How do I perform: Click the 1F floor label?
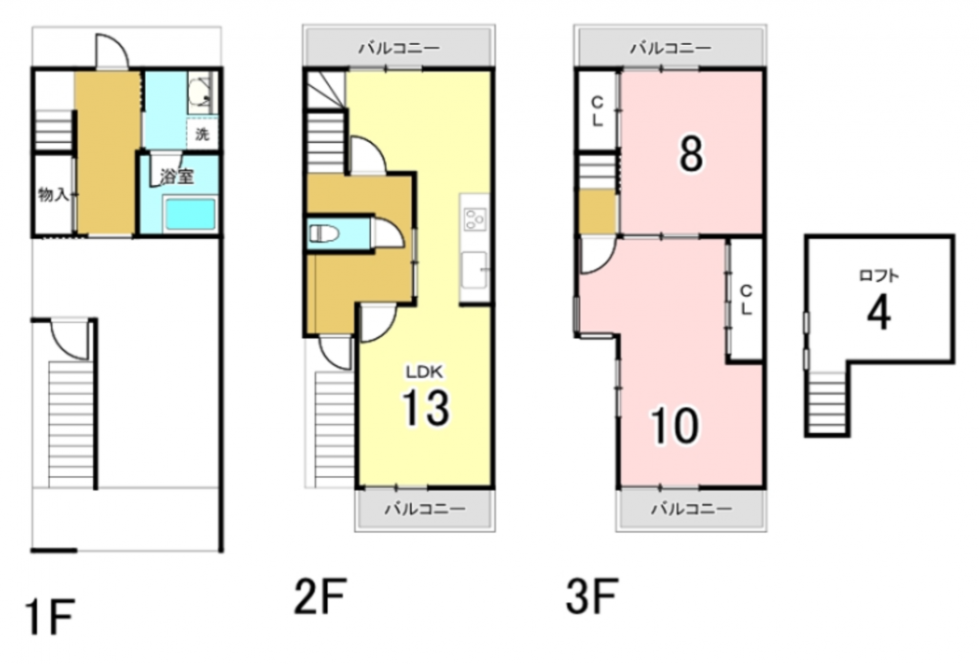(50, 617)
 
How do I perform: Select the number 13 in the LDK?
(425, 407)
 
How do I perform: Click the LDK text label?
(425, 372)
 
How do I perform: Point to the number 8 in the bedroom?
(690, 154)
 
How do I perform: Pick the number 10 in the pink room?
(675, 425)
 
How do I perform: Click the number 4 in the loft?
(878, 312)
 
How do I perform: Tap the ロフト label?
(879, 275)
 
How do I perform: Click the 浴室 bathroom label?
(176, 177)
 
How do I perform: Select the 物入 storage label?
(53, 194)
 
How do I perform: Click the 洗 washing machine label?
(203, 133)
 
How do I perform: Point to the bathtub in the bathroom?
(191, 214)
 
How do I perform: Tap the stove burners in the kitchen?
(475, 220)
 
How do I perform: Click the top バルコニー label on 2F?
(399, 47)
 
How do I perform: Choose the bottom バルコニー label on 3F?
(691, 509)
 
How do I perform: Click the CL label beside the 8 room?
(597, 112)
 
